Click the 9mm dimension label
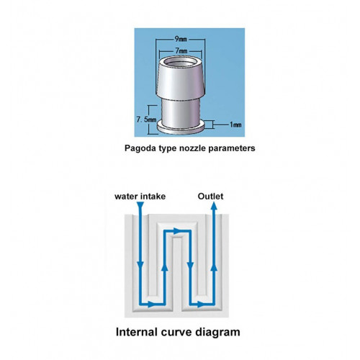[x=181, y=39]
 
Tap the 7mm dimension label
[x=181, y=51]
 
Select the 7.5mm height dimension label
[x=146, y=120]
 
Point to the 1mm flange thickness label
[x=235, y=125]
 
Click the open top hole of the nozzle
[x=180, y=63]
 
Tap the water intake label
[x=140, y=197]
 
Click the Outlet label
[x=210, y=196]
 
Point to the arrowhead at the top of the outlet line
[x=214, y=206]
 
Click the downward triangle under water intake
[x=140, y=205]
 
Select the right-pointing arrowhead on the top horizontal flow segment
[x=177, y=231]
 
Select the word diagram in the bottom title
[x=217, y=333]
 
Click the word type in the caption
[x=168, y=149]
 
